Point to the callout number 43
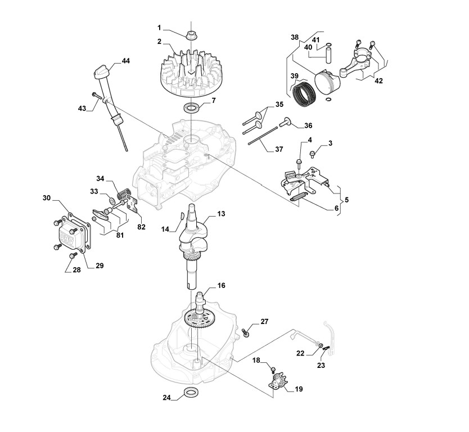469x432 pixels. pyautogui.click(x=82, y=108)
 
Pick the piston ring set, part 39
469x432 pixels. pyautogui.click(x=306, y=91)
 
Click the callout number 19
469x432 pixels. pyautogui.click(x=298, y=389)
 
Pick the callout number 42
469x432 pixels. pyautogui.click(x=378, y=81)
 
